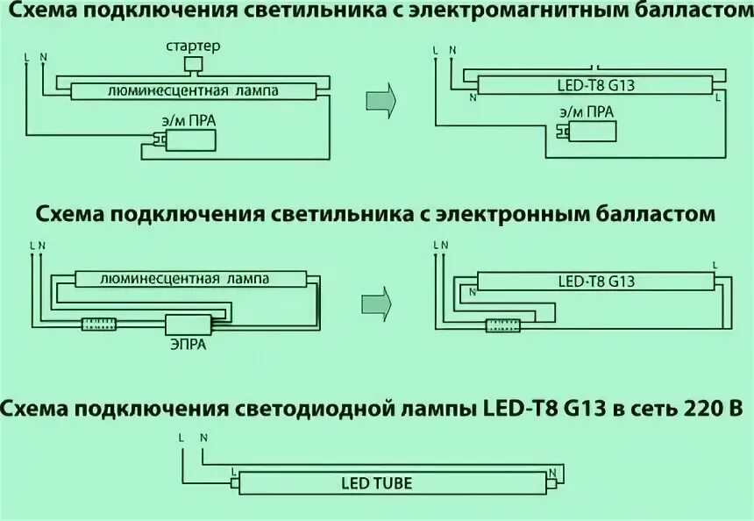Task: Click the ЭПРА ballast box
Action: click(x=185, y=325)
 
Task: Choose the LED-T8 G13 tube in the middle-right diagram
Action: click(x=596, y=282)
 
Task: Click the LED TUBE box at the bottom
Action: click(x=376, y=483)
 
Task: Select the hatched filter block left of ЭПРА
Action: click(x=98, y=325)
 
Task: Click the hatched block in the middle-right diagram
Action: click(x=502, y=325)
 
